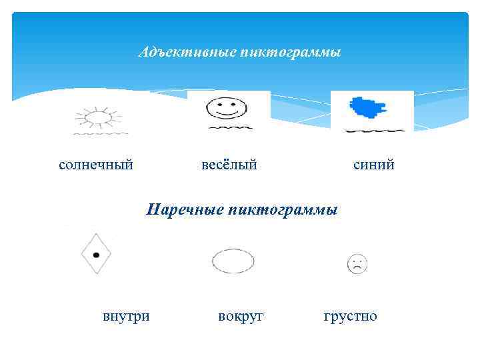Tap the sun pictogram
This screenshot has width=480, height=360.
pyautogui.click(x=98, y=118)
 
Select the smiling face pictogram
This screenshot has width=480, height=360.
pyautogui.click(x=226, y=106)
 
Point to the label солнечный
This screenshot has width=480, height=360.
pyautogui.click(x=96, y=163)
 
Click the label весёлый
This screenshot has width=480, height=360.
pyautogui.click(x=229, y=163)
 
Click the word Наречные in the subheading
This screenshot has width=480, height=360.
pyautogui.click(x=185, y=211)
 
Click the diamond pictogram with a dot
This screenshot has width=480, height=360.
pyautogui.click(x=96, y=254)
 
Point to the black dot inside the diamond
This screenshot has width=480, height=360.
pyautogui.click(x=96, y=255)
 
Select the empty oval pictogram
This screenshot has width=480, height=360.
pyautogui.click(x=233, y=261)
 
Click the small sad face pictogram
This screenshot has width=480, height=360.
pyautogui.click(x=357, y=264)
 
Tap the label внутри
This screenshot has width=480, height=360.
pyautogui.click(x=126, y=315)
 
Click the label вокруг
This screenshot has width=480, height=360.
pyautogui.click(x=241, y=315)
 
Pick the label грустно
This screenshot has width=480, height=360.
pyautogui.click(x=350, y=315)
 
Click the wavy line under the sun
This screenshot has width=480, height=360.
pyautogui.click(x=100, y=134)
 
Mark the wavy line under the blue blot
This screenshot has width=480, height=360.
pyautogui.click(x=375, y=130)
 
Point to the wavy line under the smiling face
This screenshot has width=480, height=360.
pyautogui.click(x=230, y=126)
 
